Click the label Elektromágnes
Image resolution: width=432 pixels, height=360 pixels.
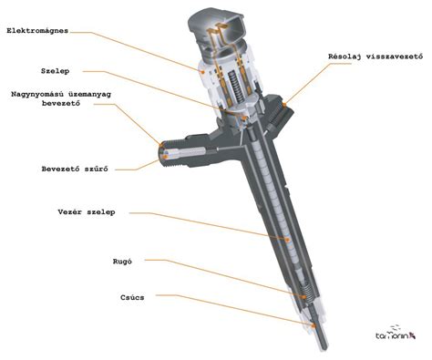pyautogui.click(x=37, y=31)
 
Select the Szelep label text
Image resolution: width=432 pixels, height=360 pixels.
pyautogui.click(x=56, y=71)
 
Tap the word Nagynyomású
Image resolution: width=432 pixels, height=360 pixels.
pyautogui.click(x=37, y=94)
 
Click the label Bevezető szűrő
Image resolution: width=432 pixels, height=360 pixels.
pyautogui.click(x=75, y=169)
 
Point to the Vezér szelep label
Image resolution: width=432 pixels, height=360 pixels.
pyautogui.click(x=87, y=211)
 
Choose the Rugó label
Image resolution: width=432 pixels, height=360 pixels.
pyautogui.click(x=122, y=262)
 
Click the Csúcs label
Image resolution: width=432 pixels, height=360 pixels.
pyautogui.click(x=132, y=297)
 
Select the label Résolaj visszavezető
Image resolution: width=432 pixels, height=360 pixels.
pyautogui.click(x=375, y=57)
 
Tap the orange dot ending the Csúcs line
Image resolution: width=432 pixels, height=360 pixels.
pyautogui.click(x=314, y=325)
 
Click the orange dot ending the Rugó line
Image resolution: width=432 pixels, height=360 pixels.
pyautogui.click(x=303, y=296)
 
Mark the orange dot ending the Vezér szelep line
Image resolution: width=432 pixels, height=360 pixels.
pyautogui.click(x=287, y=240)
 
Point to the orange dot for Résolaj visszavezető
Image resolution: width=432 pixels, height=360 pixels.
pyautogui.click(x=284, y=105)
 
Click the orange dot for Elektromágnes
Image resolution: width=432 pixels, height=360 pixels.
pyautogui.click(x=202, y=71)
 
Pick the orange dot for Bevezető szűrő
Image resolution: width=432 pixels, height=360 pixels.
pyautogui.click(x=165, y=157)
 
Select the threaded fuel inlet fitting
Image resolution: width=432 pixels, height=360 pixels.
pyautogui.click(x=172, y=154)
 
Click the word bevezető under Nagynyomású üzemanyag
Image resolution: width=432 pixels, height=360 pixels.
pyautogui.click(x=61, y=103)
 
